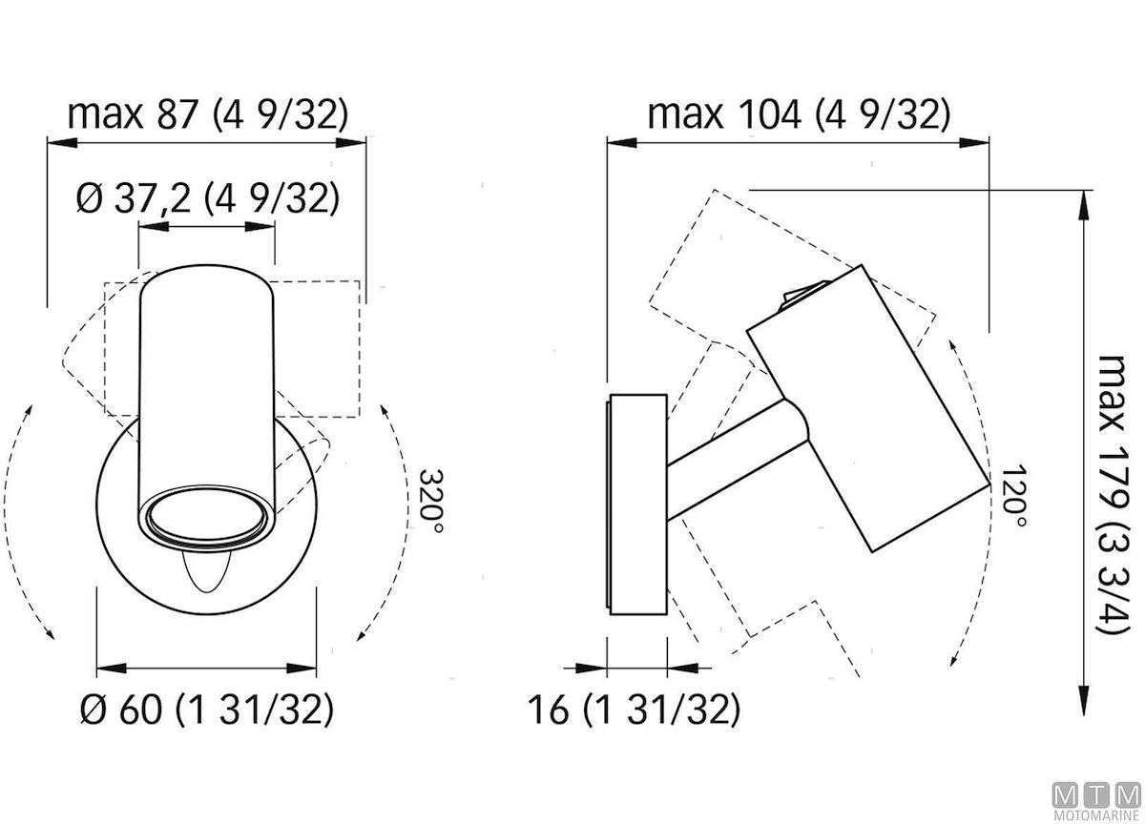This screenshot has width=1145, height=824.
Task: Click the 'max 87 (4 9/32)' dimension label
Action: tap(208, 114)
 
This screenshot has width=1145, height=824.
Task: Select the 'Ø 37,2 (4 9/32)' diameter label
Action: tap(208, 198)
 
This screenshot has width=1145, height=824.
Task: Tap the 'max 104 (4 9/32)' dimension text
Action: tap(799, 114)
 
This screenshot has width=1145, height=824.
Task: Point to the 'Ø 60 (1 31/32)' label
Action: tap(207, 709)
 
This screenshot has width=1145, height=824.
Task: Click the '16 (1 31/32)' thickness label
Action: tap(634, 709)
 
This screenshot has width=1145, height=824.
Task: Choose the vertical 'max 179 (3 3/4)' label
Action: tap(1113, 495)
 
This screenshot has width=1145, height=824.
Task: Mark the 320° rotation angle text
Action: tap(430, 501)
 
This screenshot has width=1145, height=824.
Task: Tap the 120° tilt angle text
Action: tap(1013, 497)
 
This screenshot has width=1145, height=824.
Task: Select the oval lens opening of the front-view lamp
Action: tap(207, 517)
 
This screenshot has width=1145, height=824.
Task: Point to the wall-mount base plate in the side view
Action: tap(637, 505)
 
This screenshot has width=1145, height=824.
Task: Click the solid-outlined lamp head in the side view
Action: tap(868, 408)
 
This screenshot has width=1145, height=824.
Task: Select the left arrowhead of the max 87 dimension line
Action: tap(62, 142)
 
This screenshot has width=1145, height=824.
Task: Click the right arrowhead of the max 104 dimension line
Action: tap(974, 142)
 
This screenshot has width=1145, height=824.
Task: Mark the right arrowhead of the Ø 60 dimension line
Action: tap(302, 669)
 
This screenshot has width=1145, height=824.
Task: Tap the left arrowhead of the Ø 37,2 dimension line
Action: tap(154, 226)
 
